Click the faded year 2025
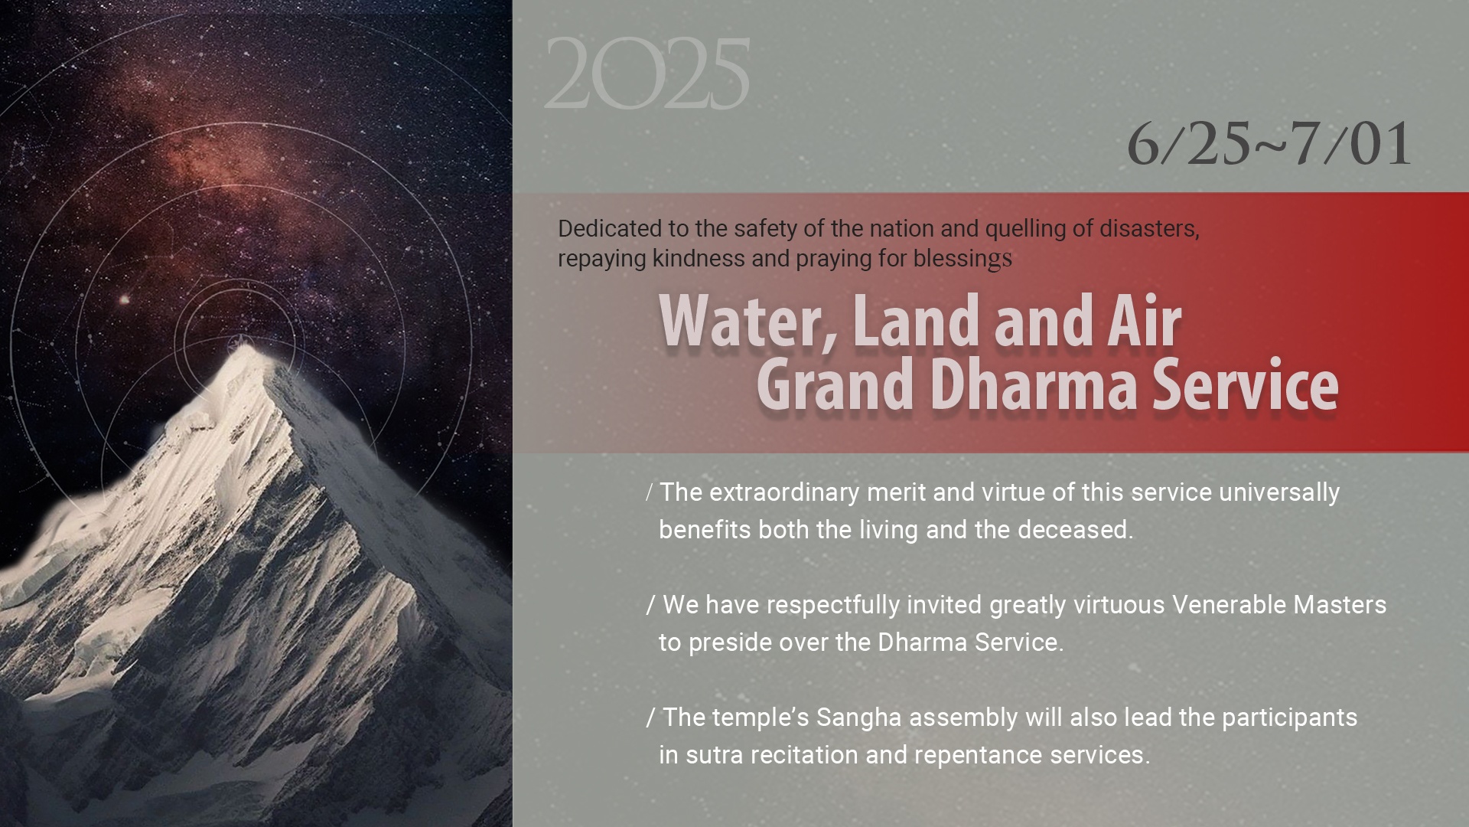click(x=647, y=74)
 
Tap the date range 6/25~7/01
click(x=1269, y=143)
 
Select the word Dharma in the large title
click(x=1034, y=384)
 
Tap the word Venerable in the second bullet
click(x=1229, y=605)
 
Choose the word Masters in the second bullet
click(x=1340, y=605)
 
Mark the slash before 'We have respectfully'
click(x=651, y=605)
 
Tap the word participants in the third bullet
click(x=1289, y=718)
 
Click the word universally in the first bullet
click(x=1279, y=492)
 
